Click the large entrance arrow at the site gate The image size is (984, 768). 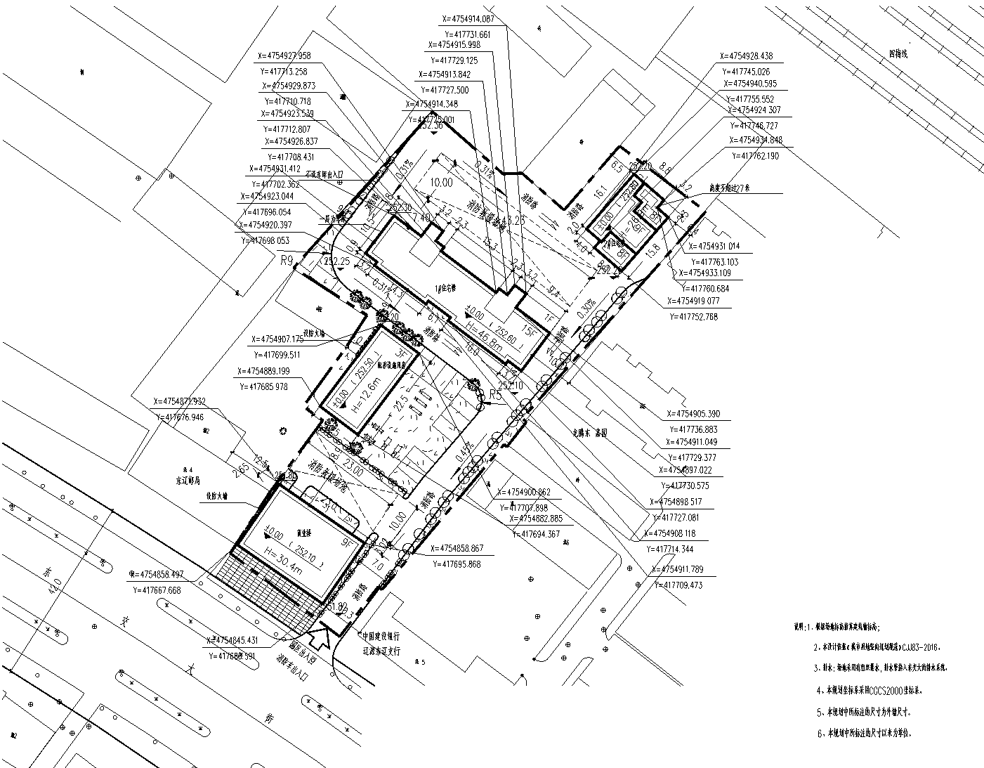point(323,635)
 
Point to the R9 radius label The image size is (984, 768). point(286,261)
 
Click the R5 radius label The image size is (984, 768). point(495,395)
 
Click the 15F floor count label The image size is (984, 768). point(528,330)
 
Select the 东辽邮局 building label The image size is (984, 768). point(188,482)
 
